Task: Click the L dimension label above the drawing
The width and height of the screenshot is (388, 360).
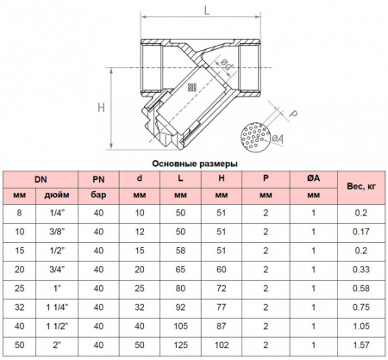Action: click(207, 10)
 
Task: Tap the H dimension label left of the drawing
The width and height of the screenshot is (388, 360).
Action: click(101, 108)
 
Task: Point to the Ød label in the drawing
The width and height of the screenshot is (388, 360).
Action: click(227, 65)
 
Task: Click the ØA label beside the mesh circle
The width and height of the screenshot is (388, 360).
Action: click(278, 139)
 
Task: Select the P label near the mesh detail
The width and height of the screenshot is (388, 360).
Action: click(292, 114)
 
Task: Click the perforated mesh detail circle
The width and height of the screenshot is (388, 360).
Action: click(255, 137)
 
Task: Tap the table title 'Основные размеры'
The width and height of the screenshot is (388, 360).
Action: click(195, 164)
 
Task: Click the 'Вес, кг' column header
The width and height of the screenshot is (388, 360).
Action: click(361, 186)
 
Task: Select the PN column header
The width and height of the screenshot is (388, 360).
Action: click(98, 179)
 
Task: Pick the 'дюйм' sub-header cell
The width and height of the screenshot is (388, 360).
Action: click(57, 196)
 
